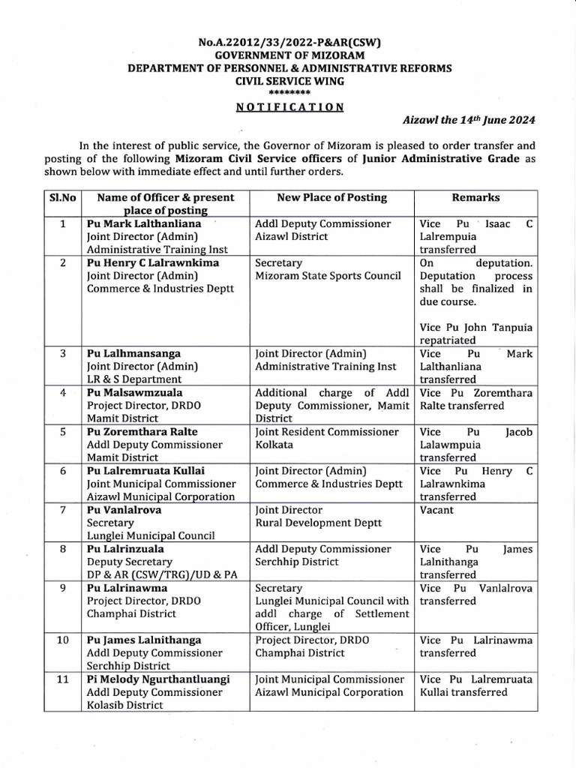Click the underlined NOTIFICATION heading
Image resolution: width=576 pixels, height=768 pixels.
(289, 106)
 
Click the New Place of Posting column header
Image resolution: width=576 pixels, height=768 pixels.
(331, 198)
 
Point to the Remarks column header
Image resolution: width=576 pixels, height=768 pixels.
(475, 198)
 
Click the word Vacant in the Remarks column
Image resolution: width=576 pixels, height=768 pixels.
(436, 509)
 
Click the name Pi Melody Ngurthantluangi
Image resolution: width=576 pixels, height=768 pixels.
(158, 679)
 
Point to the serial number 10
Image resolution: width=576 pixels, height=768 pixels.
(63, 640)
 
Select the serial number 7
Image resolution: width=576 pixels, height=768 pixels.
(63, 509)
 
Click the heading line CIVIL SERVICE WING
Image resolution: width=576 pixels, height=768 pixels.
(289, 80)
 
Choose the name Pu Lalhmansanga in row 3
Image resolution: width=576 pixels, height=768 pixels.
(133, 353)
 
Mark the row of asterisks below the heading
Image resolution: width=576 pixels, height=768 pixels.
(289, 91)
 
